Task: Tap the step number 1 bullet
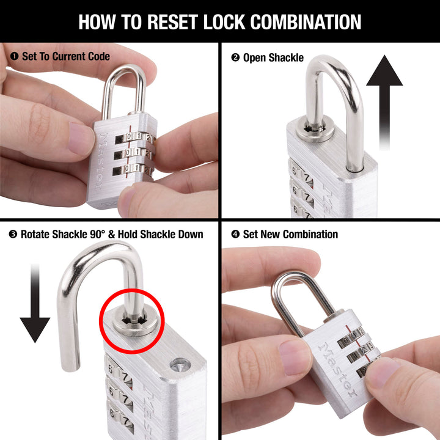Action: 13,56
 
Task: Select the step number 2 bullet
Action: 235,58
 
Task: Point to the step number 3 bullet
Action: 13,234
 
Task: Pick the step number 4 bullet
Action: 235,234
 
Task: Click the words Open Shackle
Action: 273,58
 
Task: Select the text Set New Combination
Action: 290,234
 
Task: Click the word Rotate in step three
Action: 37,234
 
